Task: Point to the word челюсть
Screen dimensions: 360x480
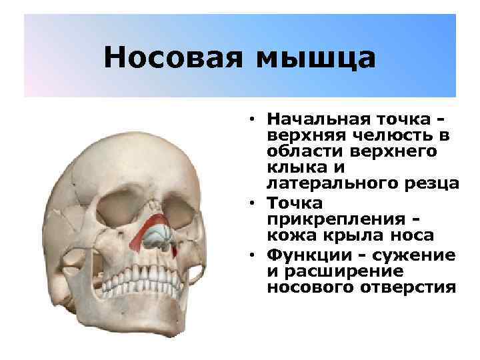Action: pos(384,136)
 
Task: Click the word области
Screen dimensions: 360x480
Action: pos(303,153)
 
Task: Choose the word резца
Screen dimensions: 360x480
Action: pos(432,185)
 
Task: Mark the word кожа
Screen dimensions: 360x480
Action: pos(287,235)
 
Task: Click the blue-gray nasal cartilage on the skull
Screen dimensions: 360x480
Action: pos(161,235)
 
